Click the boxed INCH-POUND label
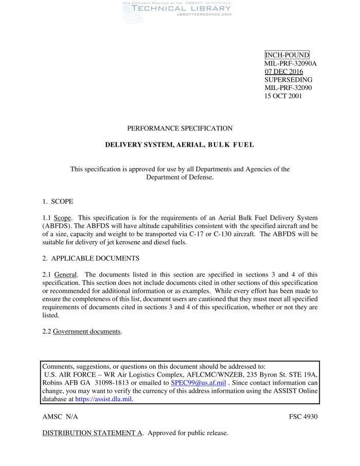(x=286, y=55)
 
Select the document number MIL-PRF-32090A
(x=290, y=63)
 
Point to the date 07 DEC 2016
(x=283, y=71)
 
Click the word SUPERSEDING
(x=288, y=80)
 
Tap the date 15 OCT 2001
(x=283, y=96)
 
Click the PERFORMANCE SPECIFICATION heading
(x=179, y=129)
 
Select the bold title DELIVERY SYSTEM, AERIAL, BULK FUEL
(x=179, y=145)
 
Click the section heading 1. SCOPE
(x=58, y=201)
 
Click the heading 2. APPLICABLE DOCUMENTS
(x=91, y=258)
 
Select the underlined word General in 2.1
(x=65, y=274)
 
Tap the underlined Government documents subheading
(x=87, y=331)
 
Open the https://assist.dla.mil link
(x=104, y=399)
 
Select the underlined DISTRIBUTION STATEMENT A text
(x=92, y=433)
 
